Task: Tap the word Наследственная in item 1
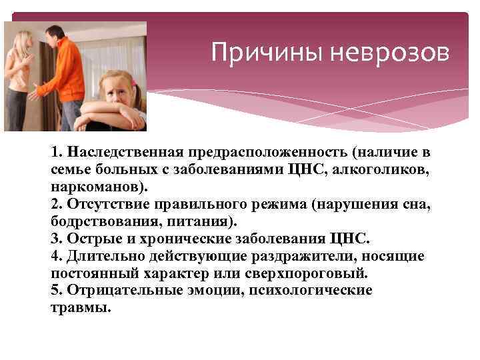click(121, 153)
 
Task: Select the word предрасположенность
click(262, 153)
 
